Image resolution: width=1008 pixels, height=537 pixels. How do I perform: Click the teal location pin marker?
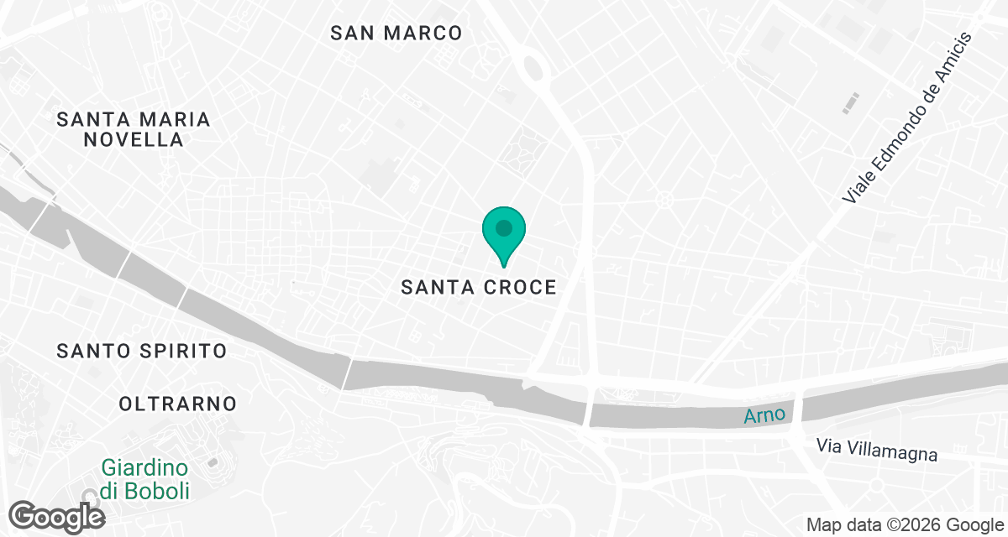click(503, 234)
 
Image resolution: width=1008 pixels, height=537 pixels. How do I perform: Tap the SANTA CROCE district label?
click(479, 287)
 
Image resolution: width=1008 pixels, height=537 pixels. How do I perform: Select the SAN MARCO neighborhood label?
click(396, 33)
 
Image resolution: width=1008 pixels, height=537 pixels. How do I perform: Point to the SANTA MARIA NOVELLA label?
click(134, 129)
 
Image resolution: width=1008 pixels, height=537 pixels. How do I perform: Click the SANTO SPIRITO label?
click(142, 351)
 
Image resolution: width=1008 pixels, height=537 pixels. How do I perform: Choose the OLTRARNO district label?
click(178, 404)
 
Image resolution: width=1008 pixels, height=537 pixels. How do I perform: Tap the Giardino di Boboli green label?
click(145, 478)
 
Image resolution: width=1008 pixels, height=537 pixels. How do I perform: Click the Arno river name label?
click(764, 414)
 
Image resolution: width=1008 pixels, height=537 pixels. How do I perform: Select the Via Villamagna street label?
click(876, 450)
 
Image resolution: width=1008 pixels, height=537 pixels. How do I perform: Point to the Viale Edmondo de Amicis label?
click(907, 117)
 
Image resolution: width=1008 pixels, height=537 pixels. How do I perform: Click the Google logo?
click(57, 515)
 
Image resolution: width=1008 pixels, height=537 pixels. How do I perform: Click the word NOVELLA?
click(134, 139)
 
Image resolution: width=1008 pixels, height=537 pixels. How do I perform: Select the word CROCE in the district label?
click(520, 287)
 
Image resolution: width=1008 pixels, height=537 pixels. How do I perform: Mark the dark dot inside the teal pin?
click(503, 227)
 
